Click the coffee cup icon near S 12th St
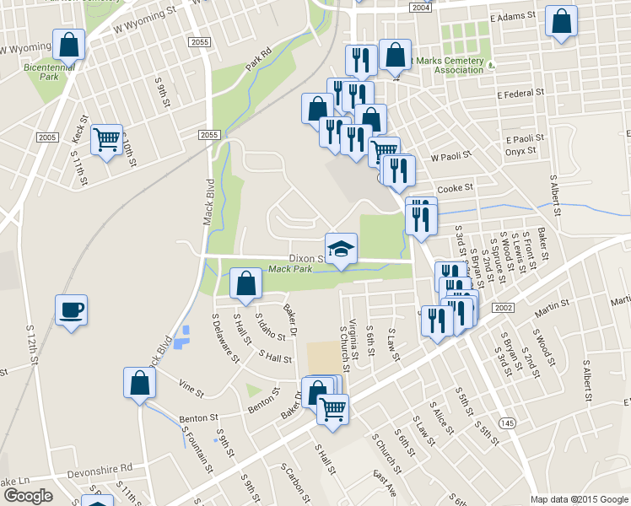point(70,309)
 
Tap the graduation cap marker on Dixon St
point(341,249)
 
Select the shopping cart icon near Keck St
point(106,140)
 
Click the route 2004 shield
point(421,7)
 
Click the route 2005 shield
point(46,137)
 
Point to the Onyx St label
point(520,151)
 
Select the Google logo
point(28,496)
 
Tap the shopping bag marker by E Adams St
point(561,22)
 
